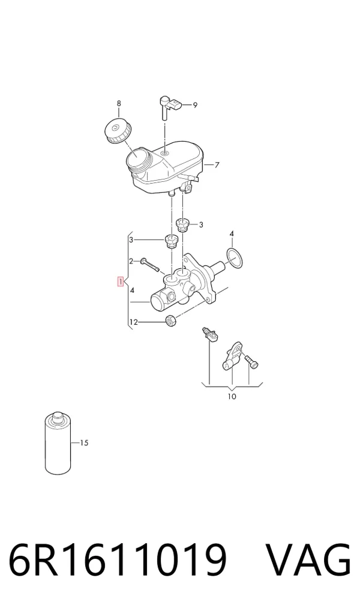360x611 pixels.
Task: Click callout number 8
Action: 119,103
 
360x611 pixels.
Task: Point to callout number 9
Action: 195,105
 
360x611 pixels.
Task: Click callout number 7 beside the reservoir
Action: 217,165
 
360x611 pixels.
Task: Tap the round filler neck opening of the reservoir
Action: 137,159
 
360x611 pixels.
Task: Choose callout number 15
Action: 84,443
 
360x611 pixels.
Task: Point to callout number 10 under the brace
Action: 232,397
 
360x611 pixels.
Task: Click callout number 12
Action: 133,322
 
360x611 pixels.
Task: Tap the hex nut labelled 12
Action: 170,321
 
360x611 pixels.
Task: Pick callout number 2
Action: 131,261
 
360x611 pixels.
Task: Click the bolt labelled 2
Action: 150,265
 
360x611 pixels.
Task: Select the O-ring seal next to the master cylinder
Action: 234,258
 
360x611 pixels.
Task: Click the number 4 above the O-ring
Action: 232,234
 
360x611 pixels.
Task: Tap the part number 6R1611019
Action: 117,559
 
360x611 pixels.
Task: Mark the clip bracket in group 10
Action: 233,355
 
